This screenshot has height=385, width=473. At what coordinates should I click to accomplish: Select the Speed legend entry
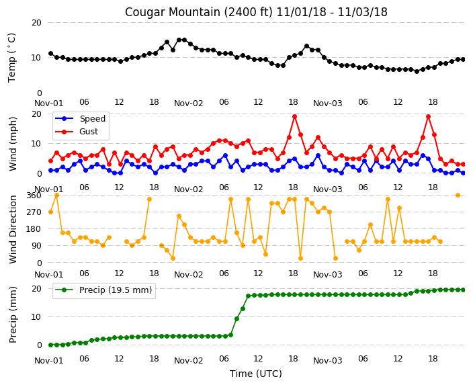point(80,118)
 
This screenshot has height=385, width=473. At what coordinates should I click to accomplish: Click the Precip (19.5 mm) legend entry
point(103,290)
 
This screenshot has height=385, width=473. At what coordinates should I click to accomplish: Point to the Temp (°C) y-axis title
point(11,58)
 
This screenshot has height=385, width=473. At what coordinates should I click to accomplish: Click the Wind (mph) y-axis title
point(13,144)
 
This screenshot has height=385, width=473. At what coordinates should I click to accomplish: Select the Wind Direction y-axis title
point(13,229)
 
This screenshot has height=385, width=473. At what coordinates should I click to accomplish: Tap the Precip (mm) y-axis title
point(13,314)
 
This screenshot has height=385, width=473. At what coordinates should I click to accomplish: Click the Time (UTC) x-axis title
point(256,374)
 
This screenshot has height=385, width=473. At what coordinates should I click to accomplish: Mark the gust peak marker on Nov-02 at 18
point(295,117)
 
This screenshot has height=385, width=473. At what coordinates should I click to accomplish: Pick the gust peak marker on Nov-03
point(429,117)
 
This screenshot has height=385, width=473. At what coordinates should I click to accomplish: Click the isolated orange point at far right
point(458,196)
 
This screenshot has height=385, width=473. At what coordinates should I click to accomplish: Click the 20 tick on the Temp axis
point(36,23)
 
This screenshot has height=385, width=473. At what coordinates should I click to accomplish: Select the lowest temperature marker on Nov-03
point(417,71)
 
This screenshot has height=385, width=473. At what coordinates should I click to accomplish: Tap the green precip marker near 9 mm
point(236,319)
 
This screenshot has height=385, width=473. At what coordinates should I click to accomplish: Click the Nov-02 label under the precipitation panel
point(189,361)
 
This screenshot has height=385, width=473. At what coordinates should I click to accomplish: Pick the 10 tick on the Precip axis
point(36,317)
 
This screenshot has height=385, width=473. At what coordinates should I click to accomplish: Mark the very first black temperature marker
point(50,54)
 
